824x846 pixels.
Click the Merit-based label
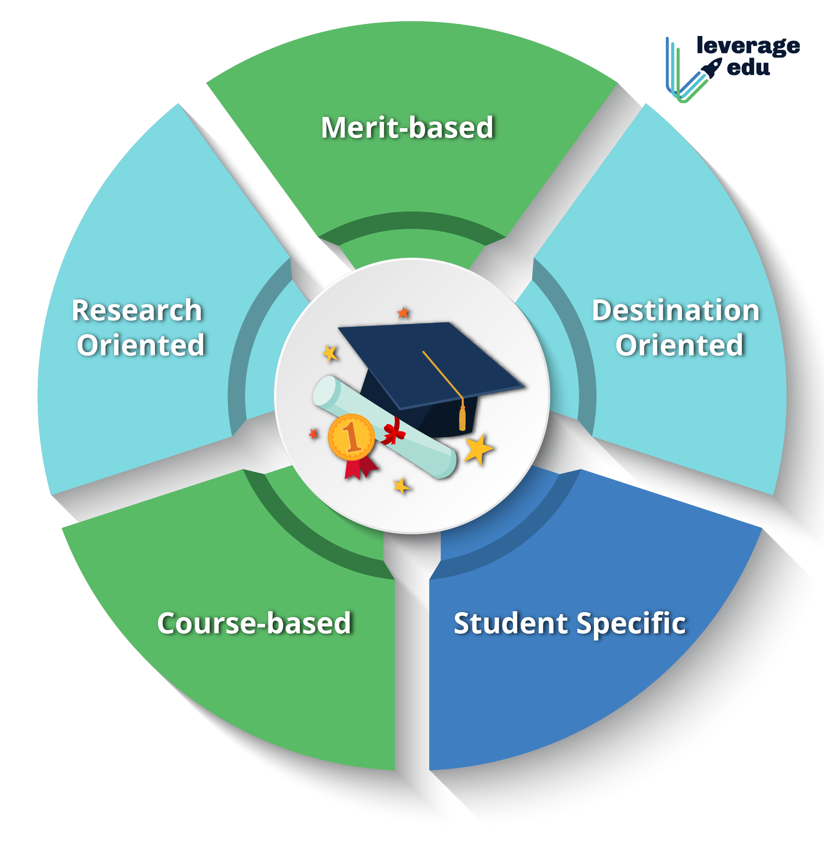407,128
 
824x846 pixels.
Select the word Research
137,310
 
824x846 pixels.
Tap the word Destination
676,310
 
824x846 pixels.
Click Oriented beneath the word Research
141,345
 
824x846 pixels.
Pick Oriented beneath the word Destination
679,345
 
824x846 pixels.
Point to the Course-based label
254,623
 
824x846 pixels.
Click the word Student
510,623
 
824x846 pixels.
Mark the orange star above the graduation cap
403,313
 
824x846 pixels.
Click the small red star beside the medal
314,434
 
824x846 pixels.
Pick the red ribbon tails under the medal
359,468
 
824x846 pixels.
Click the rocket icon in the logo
711,68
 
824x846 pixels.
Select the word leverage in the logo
748,46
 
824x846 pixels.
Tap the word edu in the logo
748,67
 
